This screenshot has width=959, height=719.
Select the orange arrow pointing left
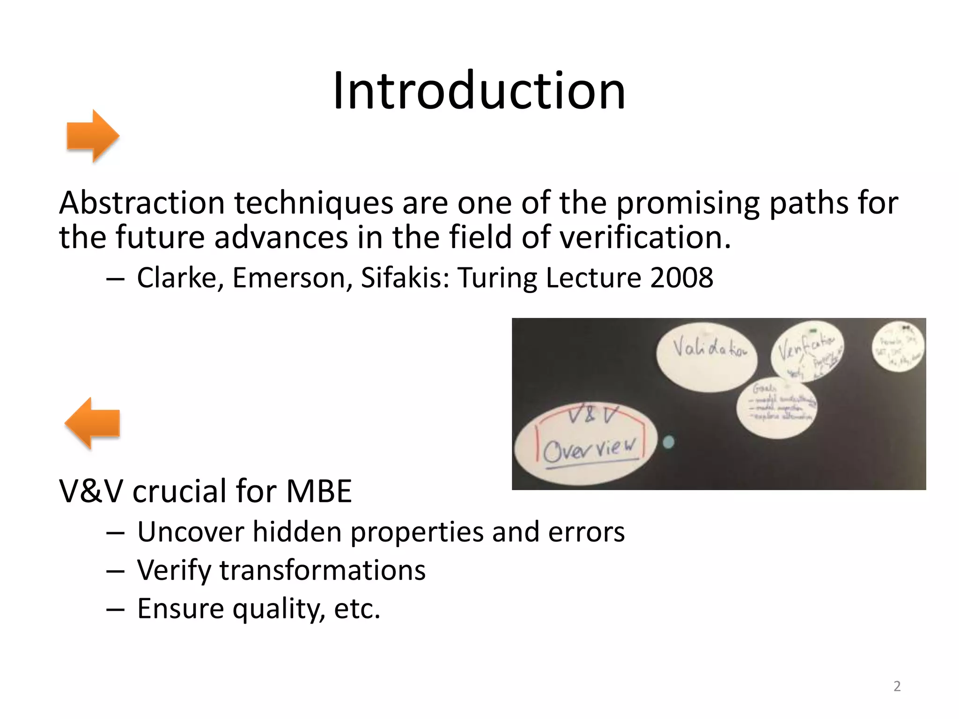tap(92, 423)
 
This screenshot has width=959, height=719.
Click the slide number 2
tap(897, 686)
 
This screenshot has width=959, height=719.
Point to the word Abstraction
tap(142, 203)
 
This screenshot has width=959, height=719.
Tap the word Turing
tap(497, 278)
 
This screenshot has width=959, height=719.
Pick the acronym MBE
tap(319, 491)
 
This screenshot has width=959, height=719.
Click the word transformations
tap(323, 570)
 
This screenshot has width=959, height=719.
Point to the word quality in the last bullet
tap(279, 609)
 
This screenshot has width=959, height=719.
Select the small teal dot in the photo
tap(669, 441)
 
